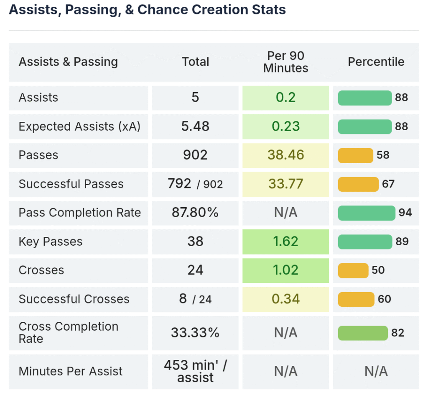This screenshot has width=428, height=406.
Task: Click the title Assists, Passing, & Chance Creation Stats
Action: tap(147, 10)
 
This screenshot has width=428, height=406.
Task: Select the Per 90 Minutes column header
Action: tap(285, 62)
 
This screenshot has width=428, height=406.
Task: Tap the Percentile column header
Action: tap(376, 62)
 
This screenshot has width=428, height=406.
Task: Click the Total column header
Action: tap(195, 62)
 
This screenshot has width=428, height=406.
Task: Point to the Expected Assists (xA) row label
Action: tap(79, 126)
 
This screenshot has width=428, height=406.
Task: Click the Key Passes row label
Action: tap(51, 242)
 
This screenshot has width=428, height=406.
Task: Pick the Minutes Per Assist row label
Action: tap(71, 371)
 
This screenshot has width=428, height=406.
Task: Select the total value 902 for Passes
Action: tap(195, 155)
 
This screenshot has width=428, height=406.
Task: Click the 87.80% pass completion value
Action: tap(195, 213)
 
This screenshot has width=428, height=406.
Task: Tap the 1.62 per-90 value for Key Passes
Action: tap(285, 242)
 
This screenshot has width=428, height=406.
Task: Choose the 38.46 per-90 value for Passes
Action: tap(285, 155)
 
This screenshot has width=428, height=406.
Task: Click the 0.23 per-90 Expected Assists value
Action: tap(285, 126)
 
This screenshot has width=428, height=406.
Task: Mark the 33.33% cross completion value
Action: tap(195, 333)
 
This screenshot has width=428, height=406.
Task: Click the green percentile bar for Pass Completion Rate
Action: tap(367, 213)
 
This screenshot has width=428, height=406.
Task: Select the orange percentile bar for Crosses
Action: tap(353, 270)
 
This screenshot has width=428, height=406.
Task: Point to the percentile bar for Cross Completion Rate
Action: tap(363, 333)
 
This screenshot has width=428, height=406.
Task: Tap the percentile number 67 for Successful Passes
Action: tap(388, 184)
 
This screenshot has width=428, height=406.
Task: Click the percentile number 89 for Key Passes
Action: tap(402, 242)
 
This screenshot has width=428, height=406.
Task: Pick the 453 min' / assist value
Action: tap(195, 371)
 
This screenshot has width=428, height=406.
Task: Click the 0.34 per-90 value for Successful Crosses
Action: tap(285, 299)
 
